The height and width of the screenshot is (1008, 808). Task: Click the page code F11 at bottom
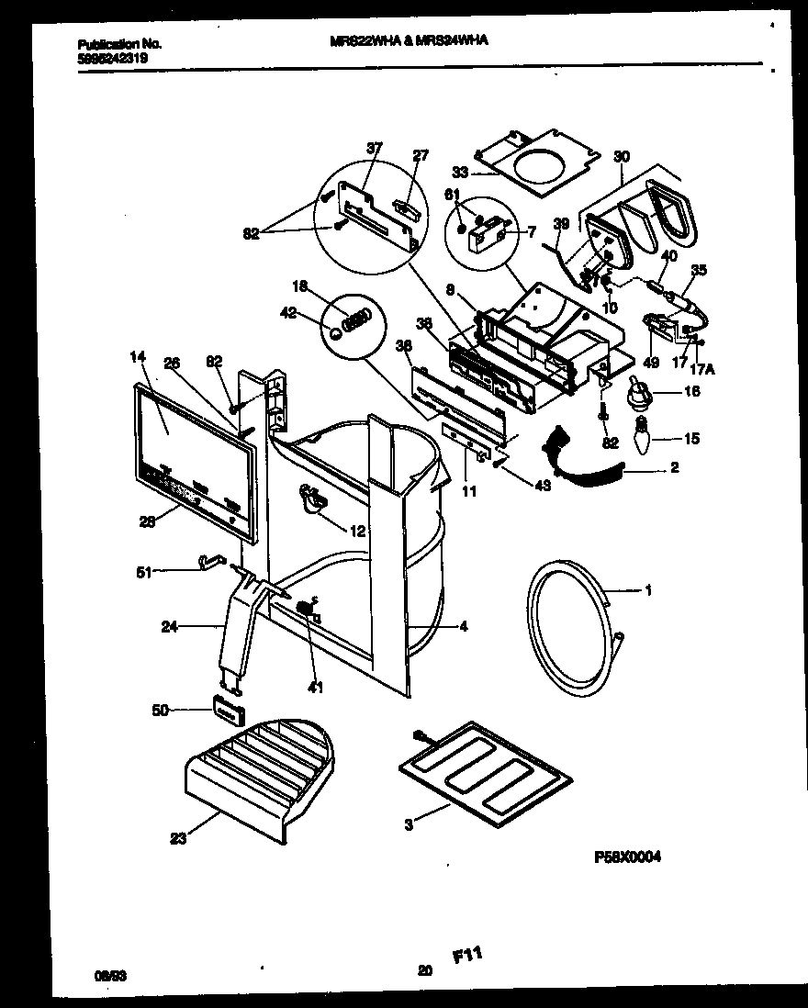click(x=467, y=958)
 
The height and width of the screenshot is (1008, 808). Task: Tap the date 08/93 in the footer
click(x=109, y=976)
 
